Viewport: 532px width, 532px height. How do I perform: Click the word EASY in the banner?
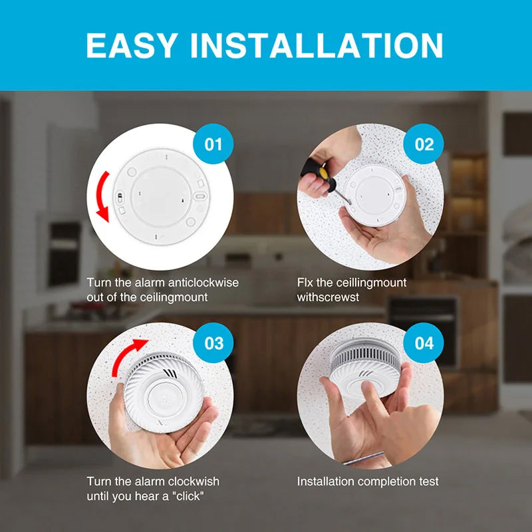pyautogui.click(x=132, y=45)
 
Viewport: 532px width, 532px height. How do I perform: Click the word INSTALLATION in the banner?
pyautogui.click(x=317, y=45)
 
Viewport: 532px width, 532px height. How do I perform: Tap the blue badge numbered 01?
pyautogui.click(x=213, y=144)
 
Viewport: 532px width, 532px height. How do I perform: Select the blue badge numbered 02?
pyautogui.click(x=424, y=144)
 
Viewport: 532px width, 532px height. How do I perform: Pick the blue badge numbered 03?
pyautogui.click(x=213, y=342)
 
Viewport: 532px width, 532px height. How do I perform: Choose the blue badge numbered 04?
pyautogui.click(x=424, y=342)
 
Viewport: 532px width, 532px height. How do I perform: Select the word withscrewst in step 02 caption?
pyautogui.click(x=328, y=297)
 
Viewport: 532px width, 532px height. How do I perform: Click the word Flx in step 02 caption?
pyautogui.click(x=305, y=282)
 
